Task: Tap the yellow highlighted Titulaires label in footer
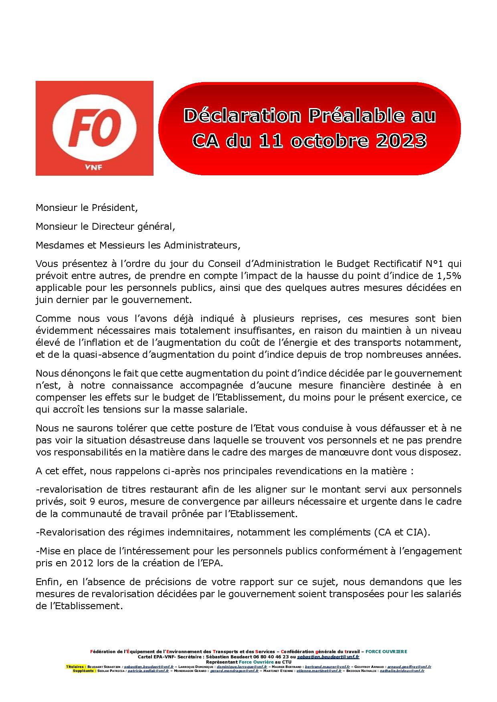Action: tap(75, 667)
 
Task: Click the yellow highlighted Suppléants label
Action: tap(84, 670)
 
